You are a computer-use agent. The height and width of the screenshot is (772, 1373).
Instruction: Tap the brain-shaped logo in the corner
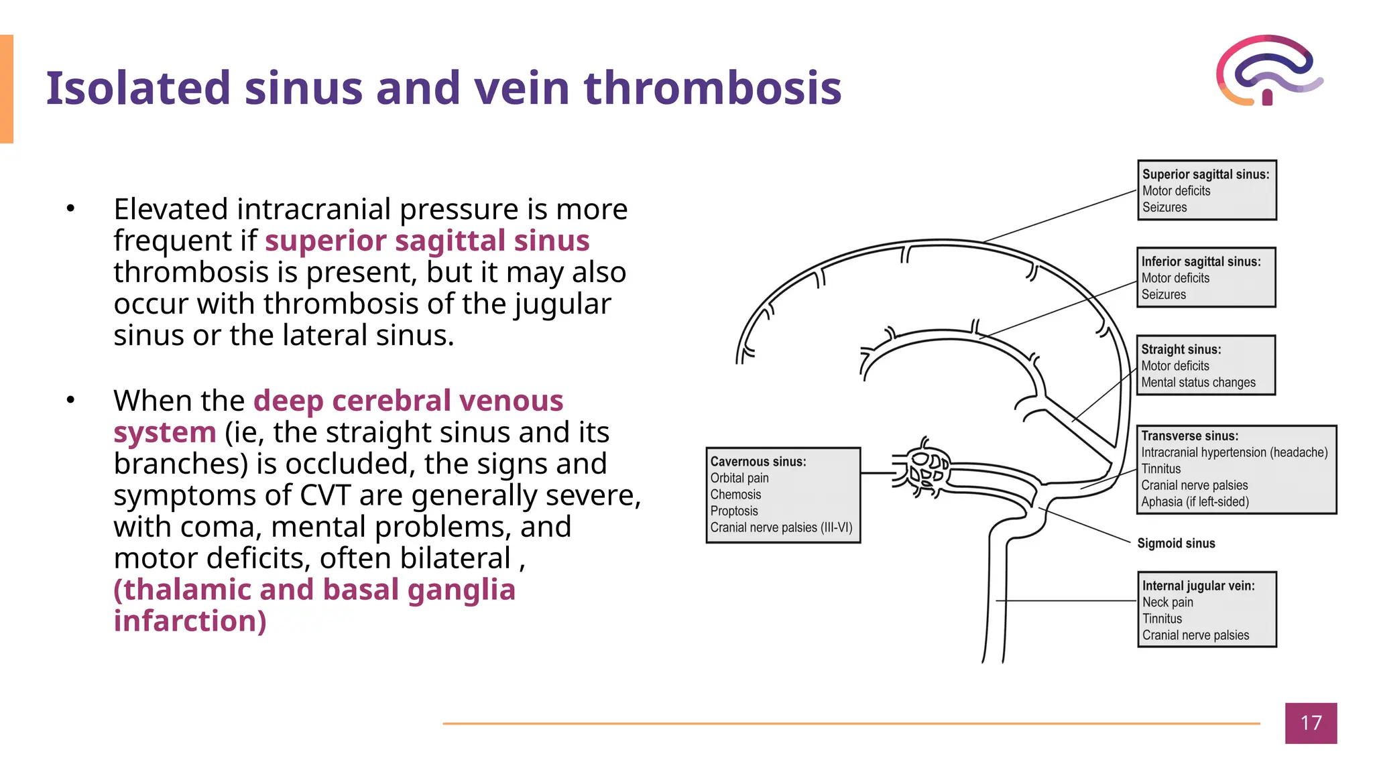(1269, 70)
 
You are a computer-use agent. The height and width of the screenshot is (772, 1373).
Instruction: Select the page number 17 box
(1311, 723)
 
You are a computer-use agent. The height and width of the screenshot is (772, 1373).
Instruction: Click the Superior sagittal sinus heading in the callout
(1205, 174)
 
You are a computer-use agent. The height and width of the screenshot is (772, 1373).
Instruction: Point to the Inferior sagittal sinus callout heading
(1201, 261)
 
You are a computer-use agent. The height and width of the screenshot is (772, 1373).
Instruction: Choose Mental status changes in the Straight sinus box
(1198, 383)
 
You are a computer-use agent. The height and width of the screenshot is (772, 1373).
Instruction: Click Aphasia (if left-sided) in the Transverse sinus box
(1195, 502)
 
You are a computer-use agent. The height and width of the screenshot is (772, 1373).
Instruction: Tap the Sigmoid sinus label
(1176, 543)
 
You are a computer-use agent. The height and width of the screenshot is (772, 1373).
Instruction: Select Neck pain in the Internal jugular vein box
(1167, 602)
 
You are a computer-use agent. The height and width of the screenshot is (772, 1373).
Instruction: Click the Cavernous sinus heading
(758, 462)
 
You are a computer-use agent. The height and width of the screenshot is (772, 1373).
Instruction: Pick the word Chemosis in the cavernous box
(735, 495)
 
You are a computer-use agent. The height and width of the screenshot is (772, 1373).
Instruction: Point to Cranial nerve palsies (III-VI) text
(781, 527)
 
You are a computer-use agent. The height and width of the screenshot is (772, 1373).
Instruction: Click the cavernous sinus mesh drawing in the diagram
(925, 469)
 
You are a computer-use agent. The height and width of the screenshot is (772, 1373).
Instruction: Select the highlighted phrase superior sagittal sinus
(427, 241)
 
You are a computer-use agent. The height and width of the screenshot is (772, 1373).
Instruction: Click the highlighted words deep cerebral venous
(408, 401)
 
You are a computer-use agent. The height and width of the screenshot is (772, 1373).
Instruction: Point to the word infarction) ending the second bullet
(190, 621)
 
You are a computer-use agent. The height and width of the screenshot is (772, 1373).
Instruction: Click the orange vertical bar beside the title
(7, 89)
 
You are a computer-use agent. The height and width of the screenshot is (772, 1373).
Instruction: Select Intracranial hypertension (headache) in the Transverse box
(1234, 452)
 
